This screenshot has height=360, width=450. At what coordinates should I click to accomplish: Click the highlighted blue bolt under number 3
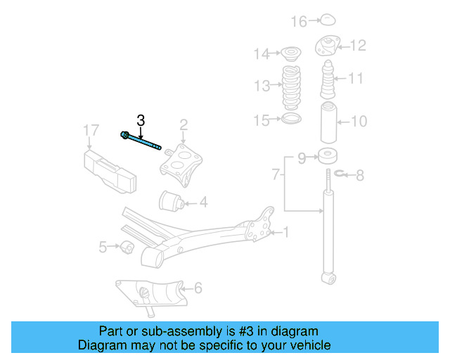(x=145, y=141)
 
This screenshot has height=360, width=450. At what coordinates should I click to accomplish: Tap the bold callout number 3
(x=141, y=121)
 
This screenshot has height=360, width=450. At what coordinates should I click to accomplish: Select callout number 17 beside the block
(x=91, y=130)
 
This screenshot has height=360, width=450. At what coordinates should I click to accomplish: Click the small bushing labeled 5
(x=127, y=247)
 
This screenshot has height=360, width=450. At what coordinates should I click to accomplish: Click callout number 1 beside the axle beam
(x=285, y=231)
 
